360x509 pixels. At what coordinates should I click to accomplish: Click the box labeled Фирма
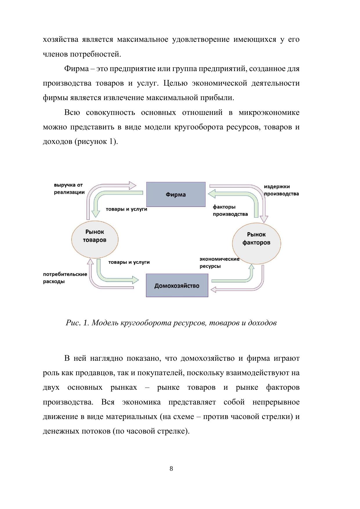(176, 194)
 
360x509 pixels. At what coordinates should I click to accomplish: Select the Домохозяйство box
(177, 286)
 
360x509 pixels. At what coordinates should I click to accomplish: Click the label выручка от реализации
(69, 188)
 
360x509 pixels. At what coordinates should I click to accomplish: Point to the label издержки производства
(281, 190)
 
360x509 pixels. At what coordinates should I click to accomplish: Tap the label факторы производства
(230, 210)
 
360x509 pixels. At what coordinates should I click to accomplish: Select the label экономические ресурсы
(219, 262)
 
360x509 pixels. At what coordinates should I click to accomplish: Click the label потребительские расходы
(65, 278)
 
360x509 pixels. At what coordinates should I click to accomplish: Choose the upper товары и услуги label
(126, 209)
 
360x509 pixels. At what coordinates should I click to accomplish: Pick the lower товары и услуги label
(129, 262)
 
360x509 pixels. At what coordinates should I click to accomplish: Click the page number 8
(171, 468)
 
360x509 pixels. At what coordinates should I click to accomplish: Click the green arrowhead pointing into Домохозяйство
(136, 280)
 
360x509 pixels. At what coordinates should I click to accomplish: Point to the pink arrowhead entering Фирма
(133, 185)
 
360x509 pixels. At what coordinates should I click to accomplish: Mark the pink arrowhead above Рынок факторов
(264, 219)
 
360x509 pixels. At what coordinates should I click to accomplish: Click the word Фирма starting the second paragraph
(76, 69)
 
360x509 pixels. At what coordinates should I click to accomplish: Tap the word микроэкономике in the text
(269, 112)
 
